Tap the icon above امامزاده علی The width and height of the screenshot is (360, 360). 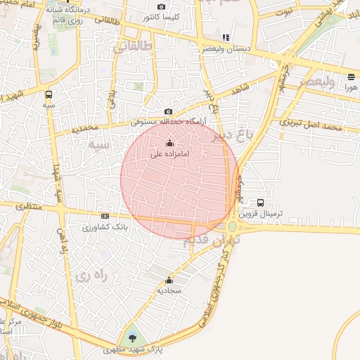[x=168, y=144]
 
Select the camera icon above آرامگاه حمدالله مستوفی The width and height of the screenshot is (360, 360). [x=168, y=112]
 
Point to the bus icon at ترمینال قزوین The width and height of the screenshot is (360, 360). [x=261, y=202]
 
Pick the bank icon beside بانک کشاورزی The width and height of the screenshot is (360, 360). [x=105, y=216]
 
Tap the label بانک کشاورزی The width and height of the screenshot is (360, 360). [x=98, y=227]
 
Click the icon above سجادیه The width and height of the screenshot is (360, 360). [x=169, y=280]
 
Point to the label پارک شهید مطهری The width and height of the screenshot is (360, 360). [x=124, y=349]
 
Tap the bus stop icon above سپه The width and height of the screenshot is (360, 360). [x=49, y=94]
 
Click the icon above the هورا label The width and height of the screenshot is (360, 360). [x=351, y=77]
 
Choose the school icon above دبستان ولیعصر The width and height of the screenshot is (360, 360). [x=225, y=38]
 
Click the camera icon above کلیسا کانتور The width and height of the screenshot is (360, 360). [x=162, y=6]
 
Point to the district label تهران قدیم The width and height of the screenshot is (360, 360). [x=212, y=240]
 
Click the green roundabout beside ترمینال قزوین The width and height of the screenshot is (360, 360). [x=231, y=226]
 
